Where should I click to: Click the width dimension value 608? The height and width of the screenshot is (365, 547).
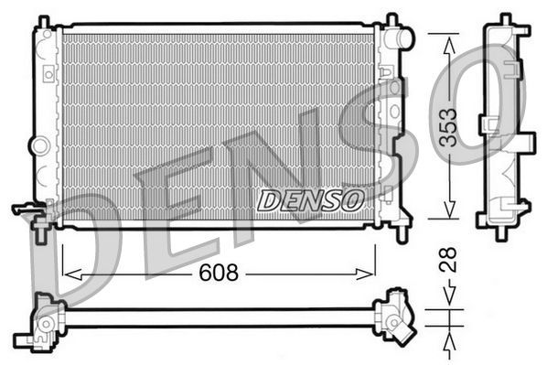pyautogui.click(x=219, y=273)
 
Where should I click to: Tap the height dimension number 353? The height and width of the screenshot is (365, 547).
pyautogui.click(x=447, y=126)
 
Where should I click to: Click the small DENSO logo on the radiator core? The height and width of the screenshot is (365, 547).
pyautogui.click(x=310, y=199)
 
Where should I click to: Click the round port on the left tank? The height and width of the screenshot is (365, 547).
pyautogui.click(x=38, y=145)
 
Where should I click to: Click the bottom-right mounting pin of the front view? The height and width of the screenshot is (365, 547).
pyautogui.click(x=400, y=233)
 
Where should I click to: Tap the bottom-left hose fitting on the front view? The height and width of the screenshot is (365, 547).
pyautogui.click(x=29, y=210)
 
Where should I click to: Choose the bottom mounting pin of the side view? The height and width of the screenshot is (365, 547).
pyautogui.click(x=500, y=234)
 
